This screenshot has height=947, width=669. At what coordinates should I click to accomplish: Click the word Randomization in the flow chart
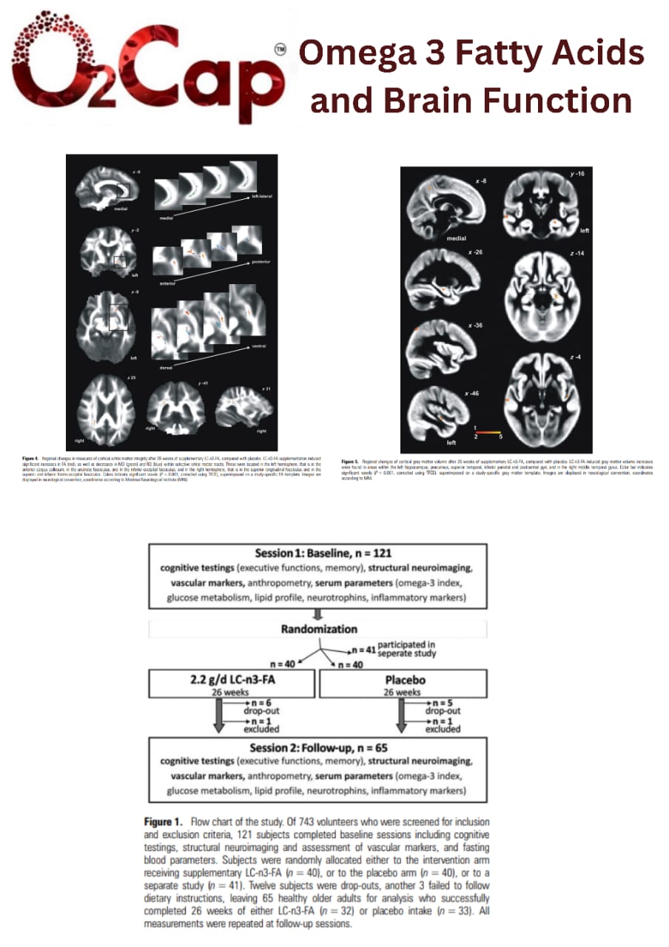[319, 629]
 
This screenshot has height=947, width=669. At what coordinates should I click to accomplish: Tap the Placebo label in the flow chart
[403, 679]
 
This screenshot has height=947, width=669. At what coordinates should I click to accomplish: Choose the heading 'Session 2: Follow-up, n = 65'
[318, 747]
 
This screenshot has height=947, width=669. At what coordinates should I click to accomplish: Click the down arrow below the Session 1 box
[318, 613]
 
